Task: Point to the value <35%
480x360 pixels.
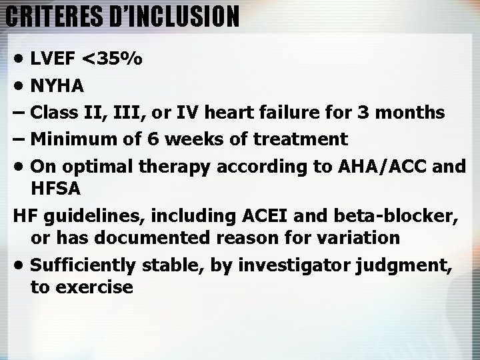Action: point(112,59)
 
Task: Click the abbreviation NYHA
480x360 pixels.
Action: point(57,86)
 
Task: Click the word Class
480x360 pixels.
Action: point(55,112)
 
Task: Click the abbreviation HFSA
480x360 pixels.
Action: point(55,189)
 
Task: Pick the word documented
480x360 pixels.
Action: point(142,237)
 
